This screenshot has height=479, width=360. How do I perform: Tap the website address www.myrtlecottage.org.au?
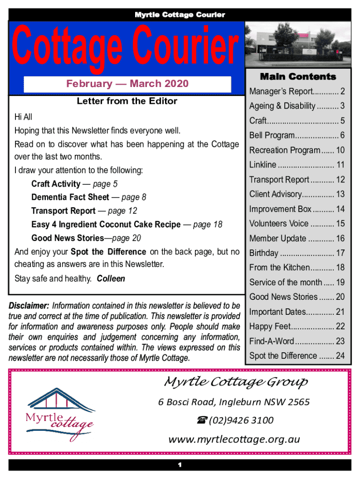tap(234, 439)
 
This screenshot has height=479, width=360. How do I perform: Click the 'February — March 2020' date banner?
tap(127, 84)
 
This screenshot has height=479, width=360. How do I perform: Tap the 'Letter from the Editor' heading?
tap(127, 101)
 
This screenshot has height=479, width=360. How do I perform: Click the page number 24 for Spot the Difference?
tap(340, 356)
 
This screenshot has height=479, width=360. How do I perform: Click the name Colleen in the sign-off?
tap(111, 279)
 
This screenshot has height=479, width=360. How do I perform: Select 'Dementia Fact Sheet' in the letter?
tap(70, 197)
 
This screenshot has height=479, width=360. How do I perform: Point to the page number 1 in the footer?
tap(180, 465)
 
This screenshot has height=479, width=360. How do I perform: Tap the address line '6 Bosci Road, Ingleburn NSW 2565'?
tap(234, 402)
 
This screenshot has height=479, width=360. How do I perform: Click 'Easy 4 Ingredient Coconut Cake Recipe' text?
tap(106, 225)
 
